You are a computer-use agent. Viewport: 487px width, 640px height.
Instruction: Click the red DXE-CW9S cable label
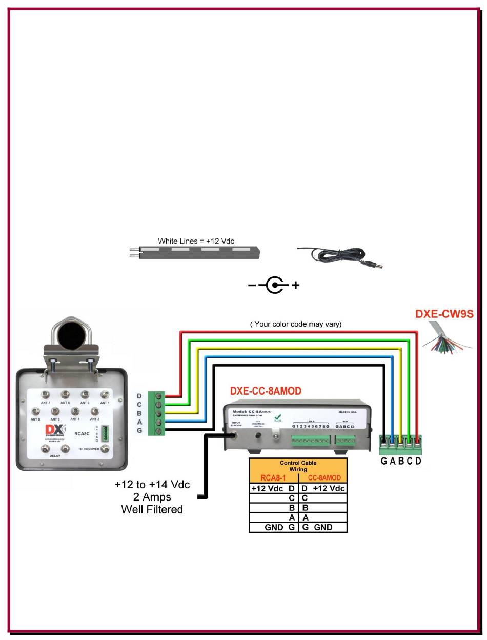444,314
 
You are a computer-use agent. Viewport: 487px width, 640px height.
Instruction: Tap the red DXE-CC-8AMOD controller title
266,391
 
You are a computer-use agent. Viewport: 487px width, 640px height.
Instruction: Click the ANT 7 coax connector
46,394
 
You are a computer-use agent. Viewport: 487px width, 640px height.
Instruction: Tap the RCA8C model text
83,433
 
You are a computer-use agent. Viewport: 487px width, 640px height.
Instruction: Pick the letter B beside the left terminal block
139,413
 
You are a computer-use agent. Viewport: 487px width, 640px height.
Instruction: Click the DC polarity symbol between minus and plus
275,285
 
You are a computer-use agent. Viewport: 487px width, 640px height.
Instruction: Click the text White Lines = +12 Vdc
196,241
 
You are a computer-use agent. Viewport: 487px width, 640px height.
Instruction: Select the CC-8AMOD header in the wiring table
324,478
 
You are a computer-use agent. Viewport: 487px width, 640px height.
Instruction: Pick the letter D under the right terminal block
418,461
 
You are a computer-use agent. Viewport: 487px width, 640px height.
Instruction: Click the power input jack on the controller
235,435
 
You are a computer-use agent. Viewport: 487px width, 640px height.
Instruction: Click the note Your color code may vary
296,324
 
